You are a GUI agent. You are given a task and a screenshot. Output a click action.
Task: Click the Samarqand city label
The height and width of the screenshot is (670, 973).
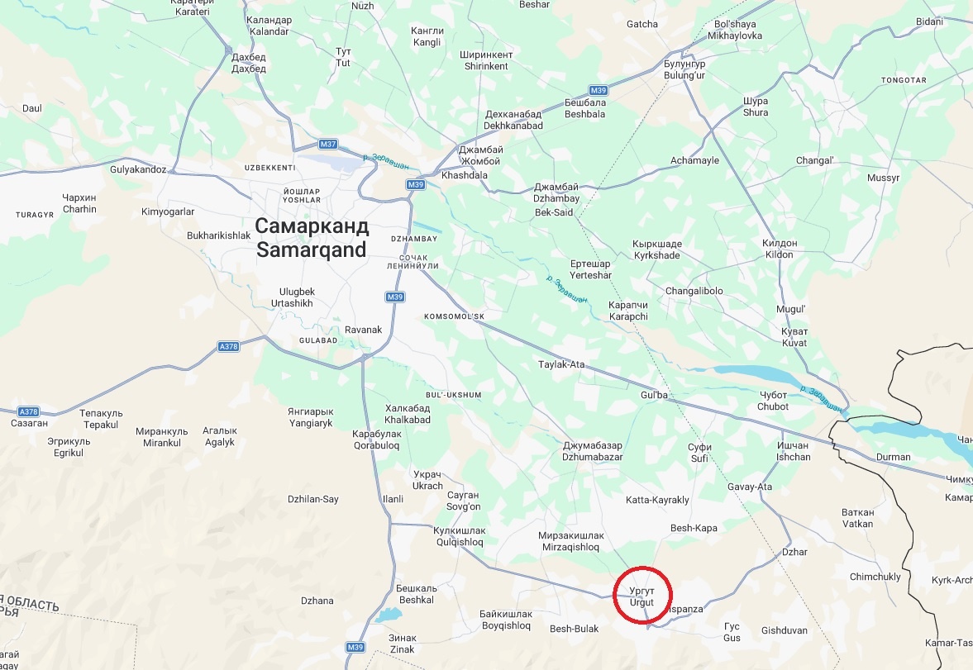click(x=311, y=238)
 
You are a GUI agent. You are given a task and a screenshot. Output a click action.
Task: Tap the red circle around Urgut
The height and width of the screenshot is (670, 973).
click(x=643, y=596)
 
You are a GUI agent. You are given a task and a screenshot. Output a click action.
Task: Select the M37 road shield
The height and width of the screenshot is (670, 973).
click(x=328, y=144)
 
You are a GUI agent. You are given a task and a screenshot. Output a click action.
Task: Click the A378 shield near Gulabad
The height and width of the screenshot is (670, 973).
click(x=229, y=346)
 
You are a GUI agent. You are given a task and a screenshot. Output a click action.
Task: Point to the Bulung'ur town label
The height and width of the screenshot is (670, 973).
click(x=684, y=69)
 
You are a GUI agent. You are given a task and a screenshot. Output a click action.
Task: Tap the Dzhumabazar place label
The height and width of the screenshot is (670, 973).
click(x=592, y=451)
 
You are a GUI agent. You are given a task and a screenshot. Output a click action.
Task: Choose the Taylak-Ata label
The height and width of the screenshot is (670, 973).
click(x=561, y=364)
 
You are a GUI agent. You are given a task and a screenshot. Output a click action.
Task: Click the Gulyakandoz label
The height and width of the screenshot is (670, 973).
click(x=138, y=169)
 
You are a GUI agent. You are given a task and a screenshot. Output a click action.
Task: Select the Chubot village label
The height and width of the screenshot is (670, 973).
click(x=773, y=401)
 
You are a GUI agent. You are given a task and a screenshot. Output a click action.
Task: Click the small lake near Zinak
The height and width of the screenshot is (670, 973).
click(x=384, y=615)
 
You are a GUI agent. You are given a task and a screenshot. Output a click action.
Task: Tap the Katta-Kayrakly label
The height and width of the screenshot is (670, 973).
click(x=657, y=501)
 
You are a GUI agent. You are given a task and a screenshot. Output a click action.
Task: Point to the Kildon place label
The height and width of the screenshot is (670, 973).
click(x=780, y=249)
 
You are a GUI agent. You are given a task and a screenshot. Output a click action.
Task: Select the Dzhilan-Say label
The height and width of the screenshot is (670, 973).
click(x=312, y=499)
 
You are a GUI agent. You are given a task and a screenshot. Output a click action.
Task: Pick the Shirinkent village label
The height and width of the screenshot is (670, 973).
click(x=486, y=60)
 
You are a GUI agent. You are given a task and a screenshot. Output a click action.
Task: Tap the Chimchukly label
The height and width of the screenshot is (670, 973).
click(x=875, y=577)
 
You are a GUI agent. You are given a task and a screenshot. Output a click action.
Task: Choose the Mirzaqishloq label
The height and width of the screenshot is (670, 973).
click(x=570, y=541)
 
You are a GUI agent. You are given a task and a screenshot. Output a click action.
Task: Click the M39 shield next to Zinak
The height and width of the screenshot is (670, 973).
click(x=355, y=647)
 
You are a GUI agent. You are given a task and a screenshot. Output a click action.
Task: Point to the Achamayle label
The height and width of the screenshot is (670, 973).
click(x=694, y=160)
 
